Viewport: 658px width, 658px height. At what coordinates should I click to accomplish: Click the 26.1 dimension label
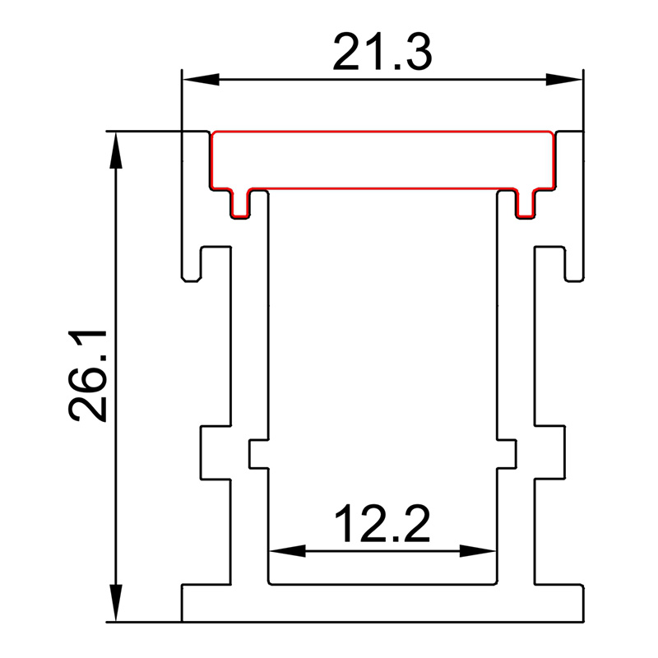point(88,376)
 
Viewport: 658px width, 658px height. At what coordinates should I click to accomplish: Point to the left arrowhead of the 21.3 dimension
point(201,79)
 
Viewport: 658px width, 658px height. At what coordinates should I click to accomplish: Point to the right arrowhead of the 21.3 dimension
point(564,79)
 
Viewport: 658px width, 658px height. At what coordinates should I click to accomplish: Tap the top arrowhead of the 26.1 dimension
point(116,150)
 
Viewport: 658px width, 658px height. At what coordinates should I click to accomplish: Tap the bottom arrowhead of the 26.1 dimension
point(116,603)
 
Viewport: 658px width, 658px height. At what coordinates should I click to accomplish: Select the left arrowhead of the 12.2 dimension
point(287,550)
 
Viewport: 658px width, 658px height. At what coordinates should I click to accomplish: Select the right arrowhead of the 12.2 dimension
point(479,550)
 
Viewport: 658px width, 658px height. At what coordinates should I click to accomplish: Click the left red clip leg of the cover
point(240,204)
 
